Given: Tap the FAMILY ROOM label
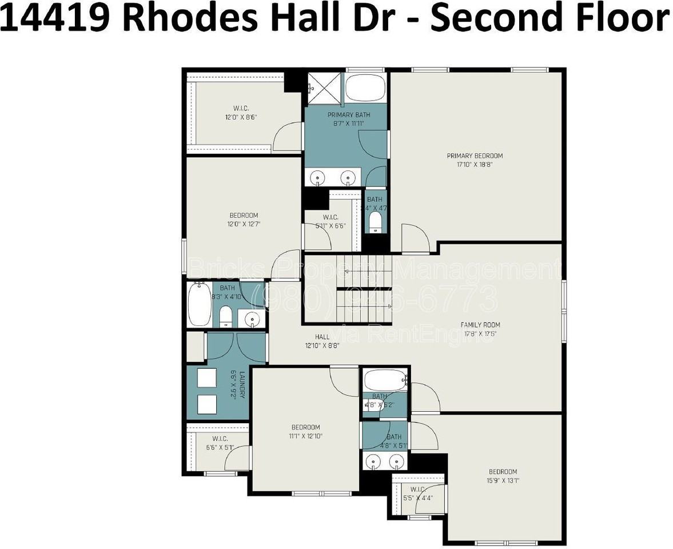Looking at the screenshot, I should tap(480, 325).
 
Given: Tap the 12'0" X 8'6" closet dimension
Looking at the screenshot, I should tap(241, 117).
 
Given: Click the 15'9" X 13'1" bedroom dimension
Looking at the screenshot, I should tap(503, 480).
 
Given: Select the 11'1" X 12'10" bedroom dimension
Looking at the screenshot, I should tap(306, 436).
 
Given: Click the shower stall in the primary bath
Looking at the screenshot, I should tap(324, 89).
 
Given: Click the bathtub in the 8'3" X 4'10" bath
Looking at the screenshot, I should tap(199, 304).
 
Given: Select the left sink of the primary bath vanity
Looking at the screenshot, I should tap(317, 178).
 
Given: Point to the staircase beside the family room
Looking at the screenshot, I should tap(364, 289).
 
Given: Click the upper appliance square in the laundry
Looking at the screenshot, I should tap(206, 378).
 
